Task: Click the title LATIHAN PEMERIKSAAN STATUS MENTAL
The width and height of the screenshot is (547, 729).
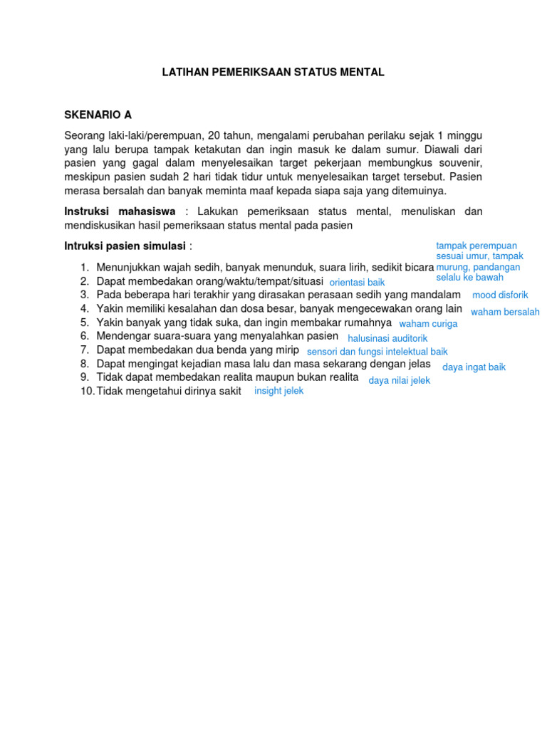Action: click(x=273, y=72)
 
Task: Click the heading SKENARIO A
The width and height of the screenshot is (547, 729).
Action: click(x=98, y=115)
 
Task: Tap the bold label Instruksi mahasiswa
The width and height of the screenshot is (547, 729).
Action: click(x=120, y=211)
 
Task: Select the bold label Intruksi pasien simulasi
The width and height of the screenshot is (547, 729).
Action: click(x=125, y=246)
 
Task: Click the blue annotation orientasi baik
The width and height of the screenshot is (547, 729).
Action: click(x=357, y=283)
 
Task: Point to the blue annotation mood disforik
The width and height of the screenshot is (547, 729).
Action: click(x=500, y=295)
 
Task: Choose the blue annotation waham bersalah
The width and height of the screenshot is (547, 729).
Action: click(x=505, y=312)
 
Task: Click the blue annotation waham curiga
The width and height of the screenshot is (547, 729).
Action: click(x=428, y=323)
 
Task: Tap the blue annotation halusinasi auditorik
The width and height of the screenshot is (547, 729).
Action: click(x=387, y=338)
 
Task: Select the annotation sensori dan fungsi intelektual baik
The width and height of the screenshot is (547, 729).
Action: click(x=377, y=352)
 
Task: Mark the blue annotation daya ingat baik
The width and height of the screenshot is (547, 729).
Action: click(x=474, y=367)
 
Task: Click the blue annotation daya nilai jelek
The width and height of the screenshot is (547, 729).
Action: click(x=399, y=381)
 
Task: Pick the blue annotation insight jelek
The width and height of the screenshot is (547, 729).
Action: click(x=278, y=391)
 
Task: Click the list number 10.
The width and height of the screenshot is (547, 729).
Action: click(x=86, y=391)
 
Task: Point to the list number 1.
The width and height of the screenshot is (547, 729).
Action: click(x=84, y=267)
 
